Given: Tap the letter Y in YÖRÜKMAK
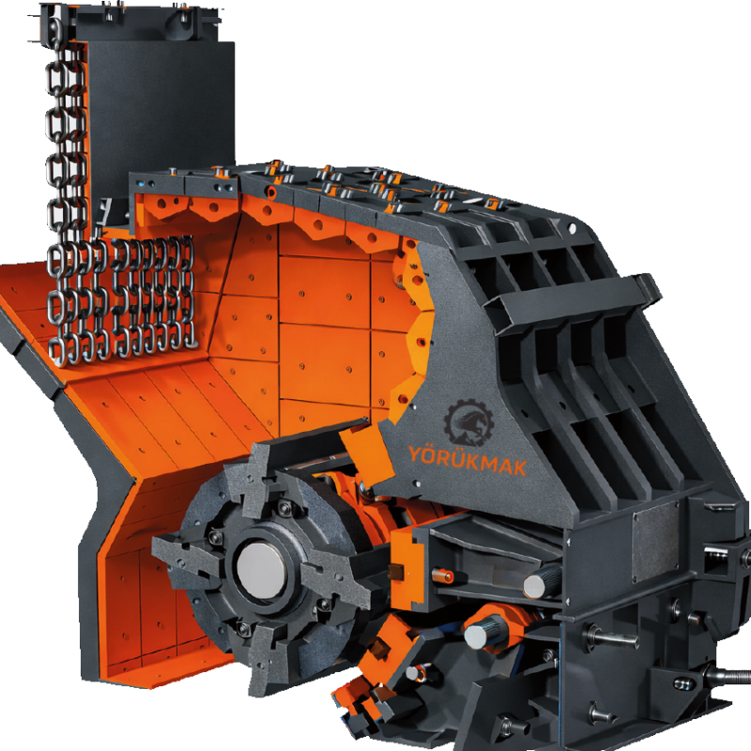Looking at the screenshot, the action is (x=415, y=453).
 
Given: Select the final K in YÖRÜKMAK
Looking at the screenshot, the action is (x=519, y=467).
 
